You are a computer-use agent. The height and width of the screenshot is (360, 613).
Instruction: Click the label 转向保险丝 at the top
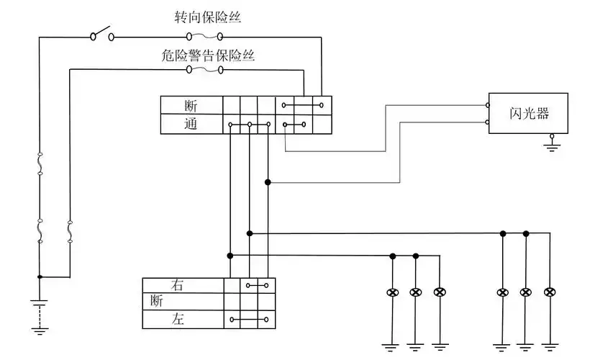(x=207, y=17)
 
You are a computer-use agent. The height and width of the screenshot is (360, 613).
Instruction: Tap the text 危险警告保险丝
(x=208, y=54)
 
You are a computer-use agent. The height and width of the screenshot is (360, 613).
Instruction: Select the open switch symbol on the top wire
(x=101, y=34)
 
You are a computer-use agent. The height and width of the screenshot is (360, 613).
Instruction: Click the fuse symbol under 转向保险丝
(x=204, y=36)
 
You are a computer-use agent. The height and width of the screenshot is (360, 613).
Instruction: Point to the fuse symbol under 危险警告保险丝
(x=204, y=70)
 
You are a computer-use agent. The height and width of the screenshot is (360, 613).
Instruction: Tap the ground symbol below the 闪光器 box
(x=552, y=146)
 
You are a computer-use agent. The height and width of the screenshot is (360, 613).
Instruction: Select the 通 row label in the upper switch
(x=191, y=124)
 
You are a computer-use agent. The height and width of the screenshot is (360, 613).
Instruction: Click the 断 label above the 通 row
(x=191, y=106)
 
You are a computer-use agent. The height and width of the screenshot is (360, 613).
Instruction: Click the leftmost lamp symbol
(x=393, y=292)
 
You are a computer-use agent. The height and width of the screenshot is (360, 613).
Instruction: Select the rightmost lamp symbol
(x=550, y=292)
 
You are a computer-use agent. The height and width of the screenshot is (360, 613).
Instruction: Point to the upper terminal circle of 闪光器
(x=489, y=106)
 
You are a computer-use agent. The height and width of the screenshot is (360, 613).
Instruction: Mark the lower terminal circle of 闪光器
(x=489, y=123)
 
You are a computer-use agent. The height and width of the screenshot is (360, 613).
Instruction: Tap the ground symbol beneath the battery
(x=40, y=329)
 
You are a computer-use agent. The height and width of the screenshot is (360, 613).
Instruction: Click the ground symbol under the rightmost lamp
(x=550, y=344)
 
